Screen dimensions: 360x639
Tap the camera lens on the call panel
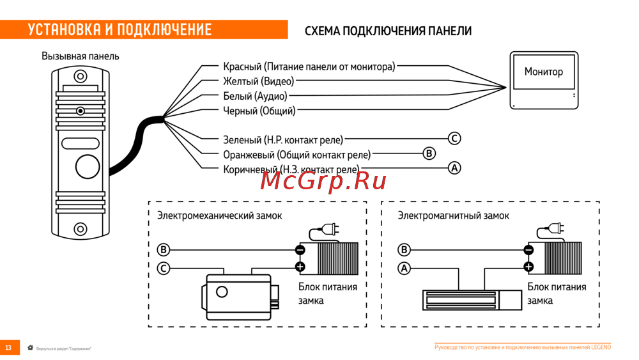coord(80,111)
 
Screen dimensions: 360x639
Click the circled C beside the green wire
coord(454,139)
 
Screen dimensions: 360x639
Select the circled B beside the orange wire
coord(429,153)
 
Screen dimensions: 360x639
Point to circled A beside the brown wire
coord(454,168)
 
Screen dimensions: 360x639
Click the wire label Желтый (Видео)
coord(258,81)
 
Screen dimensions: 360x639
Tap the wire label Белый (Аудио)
coord(255,96)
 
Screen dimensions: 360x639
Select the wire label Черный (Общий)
coord(259,111)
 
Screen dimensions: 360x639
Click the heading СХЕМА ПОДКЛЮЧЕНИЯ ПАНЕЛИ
coord(388,31)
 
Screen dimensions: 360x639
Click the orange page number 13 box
coord(9,347)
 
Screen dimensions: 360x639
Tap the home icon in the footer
coord(30,347)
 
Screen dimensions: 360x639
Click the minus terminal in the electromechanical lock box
coord(300,250)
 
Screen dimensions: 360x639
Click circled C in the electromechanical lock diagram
coord(164,269)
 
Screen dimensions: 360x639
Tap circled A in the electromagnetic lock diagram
coord(404,269)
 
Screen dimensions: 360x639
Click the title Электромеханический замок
coord(220,215)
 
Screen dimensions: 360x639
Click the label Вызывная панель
coord(81,56)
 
